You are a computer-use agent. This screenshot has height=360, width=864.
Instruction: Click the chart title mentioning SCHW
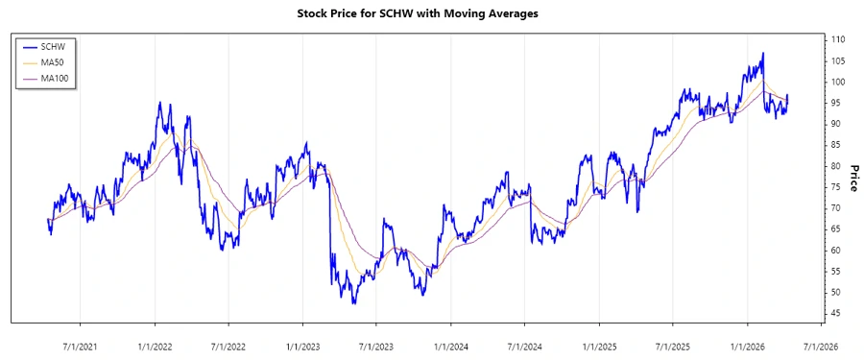431,14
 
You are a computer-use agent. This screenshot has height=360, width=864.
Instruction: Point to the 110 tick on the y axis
837,39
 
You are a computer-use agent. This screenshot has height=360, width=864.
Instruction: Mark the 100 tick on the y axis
837,82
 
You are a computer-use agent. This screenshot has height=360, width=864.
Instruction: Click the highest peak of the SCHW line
763,53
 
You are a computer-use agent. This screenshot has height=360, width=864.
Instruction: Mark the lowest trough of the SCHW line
354,303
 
